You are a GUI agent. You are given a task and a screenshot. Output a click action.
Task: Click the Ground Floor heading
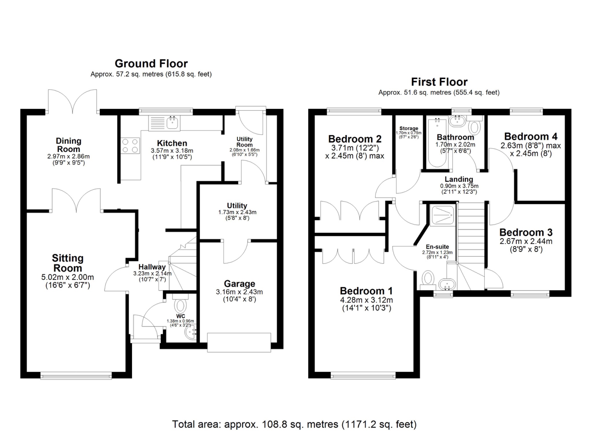(x=151, y=63)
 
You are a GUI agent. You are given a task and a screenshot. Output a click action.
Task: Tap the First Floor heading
(x=439, y=82)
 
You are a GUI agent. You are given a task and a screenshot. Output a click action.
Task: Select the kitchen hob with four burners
(x=130, y=146)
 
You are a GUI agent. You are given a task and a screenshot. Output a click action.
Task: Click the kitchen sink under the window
(x=173, y=122)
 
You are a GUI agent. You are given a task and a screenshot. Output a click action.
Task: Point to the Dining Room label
(x=68, y=145)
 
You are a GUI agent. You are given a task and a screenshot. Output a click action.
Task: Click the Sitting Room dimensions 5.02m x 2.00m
(x=68, y=277)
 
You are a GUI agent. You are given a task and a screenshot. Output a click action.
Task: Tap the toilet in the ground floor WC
(x=181, y=306)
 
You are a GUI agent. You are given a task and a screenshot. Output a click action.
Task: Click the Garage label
(x=239, y=284)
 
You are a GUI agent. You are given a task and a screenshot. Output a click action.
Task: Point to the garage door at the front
(x=239, y=342)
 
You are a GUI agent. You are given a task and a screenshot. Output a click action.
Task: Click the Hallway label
(x=152, y=267)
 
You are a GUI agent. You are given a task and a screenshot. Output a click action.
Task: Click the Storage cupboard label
(x=408, y=128)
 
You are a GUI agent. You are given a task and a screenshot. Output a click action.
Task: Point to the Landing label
(x=459, y=179)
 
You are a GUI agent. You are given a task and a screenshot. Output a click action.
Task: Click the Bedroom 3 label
(x=526, y=232)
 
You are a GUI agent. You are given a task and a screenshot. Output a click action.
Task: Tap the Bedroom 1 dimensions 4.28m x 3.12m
(x=366, y=300)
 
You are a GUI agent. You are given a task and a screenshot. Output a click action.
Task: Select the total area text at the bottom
(x=294, y=424)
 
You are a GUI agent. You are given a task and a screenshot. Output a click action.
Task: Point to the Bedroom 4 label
(x=530, y=136)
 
